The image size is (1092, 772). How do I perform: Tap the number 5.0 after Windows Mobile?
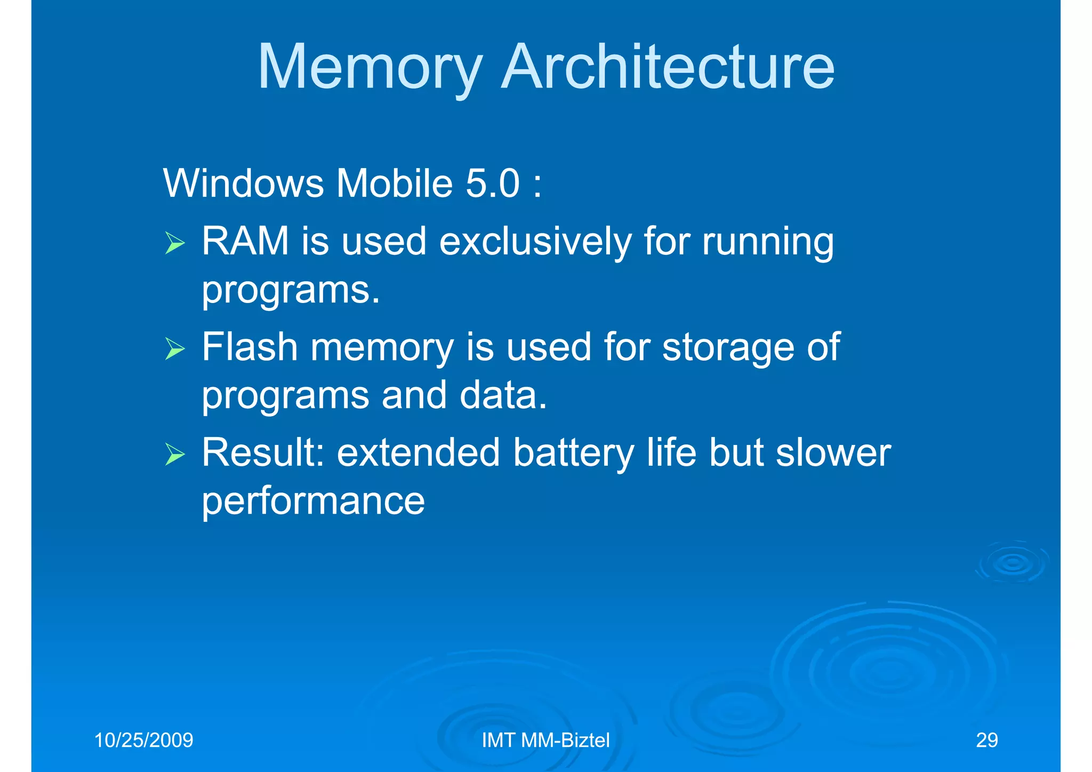coord(492,184)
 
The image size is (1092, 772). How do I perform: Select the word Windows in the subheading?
coord(243,184)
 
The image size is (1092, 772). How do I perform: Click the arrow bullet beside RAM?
coord(174,243)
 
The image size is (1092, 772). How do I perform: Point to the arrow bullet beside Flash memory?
coord(174,349)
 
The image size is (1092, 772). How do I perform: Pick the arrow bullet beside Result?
coord(174,454)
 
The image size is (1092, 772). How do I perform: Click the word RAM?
coord(245,241)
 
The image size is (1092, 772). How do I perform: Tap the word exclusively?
coord(535,242)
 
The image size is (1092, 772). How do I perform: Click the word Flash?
coord(250,347)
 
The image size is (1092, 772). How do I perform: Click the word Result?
coord(263,452)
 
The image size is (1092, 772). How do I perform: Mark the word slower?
coord(833,452)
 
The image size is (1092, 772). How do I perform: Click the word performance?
coord(313,502)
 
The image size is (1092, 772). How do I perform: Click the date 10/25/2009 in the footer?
coord(143,741)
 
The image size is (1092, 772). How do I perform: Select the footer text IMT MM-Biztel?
coord(545,741)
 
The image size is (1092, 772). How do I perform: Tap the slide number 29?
coord(986,741)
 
